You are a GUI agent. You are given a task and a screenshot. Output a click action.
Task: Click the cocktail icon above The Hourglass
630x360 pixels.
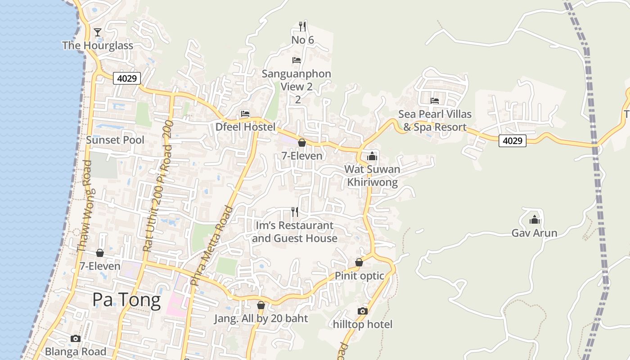coord(98,32)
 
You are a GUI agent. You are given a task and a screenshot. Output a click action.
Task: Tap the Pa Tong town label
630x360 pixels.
coord(126,300)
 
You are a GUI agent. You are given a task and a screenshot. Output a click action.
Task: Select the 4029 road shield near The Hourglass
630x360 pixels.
coord(127,78)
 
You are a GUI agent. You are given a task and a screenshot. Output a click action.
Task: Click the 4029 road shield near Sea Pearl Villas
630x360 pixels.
coord(513,141)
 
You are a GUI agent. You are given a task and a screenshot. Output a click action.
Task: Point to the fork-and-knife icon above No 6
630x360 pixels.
coord(302,27)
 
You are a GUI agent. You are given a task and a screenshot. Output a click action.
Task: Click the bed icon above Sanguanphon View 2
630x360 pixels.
coord(296,60)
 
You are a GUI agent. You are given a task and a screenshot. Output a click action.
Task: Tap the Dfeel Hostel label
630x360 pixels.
coord(245,127)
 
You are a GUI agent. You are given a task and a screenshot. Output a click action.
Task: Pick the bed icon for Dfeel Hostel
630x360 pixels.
coord(245,113)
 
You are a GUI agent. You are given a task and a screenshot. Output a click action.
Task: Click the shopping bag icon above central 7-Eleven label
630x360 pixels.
coord(302,143)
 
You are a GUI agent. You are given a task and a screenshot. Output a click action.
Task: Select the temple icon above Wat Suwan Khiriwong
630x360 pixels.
coord(372,156)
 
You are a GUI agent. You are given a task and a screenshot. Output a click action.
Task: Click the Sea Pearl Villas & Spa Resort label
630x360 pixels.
coord(435,121)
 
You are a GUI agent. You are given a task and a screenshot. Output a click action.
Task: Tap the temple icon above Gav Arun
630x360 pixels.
coord(535,220)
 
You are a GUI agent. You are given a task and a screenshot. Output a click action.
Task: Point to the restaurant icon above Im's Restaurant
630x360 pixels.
coord(295,211)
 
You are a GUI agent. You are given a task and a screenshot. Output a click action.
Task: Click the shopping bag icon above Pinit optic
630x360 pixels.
coord(359,262)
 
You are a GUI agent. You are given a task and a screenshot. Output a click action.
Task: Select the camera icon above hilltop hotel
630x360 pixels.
coord(363,311)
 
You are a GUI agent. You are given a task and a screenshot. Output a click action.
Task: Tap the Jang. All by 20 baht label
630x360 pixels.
coord(261,319)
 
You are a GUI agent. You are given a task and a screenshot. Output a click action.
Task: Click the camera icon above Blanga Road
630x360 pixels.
coord(76,338)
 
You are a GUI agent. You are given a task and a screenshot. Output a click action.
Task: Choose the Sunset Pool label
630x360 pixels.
coord(115,140)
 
